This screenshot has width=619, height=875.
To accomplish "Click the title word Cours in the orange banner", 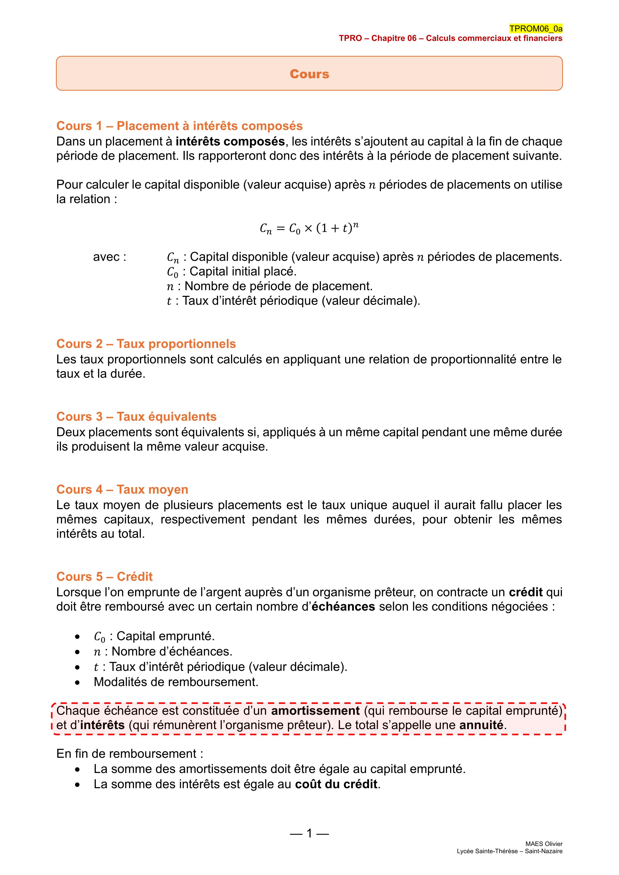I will click(309, 74).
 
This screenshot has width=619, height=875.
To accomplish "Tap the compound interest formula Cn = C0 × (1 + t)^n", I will click(309, 228).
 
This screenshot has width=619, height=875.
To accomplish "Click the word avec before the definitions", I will click(109, 257).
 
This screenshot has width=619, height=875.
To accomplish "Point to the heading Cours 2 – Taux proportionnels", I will click(146, 344).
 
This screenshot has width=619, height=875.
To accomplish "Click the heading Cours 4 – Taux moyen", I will click(122, 489).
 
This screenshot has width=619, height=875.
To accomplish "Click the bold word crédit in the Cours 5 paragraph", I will click(526, 592).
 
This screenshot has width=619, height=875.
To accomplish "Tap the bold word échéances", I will click(343, 607).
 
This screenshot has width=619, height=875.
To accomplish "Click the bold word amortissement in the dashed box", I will click(315, 711).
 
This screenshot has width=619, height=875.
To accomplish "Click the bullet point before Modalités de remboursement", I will click(78, 682).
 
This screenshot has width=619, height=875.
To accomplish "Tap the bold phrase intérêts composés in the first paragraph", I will click(230, 141).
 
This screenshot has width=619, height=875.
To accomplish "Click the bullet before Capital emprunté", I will click(78, 637).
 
